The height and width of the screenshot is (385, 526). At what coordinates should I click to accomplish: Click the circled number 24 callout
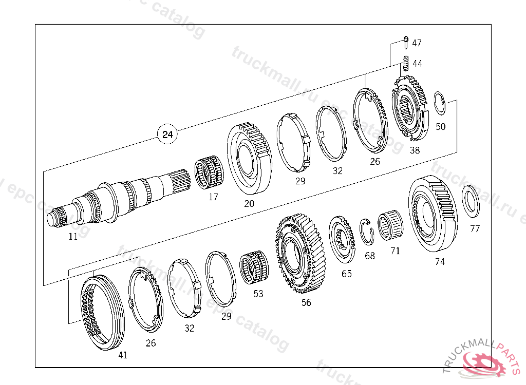[167, 134]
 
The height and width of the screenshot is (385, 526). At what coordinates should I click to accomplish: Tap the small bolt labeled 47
[406, 42]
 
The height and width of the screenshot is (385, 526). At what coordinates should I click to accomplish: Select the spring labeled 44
[406, 63]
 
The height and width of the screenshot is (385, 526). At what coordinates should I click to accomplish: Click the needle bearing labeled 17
[210, 172]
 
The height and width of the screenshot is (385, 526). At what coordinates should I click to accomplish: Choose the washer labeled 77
[471, 201]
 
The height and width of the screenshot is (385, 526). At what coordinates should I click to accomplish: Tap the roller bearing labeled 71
[390, 225]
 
